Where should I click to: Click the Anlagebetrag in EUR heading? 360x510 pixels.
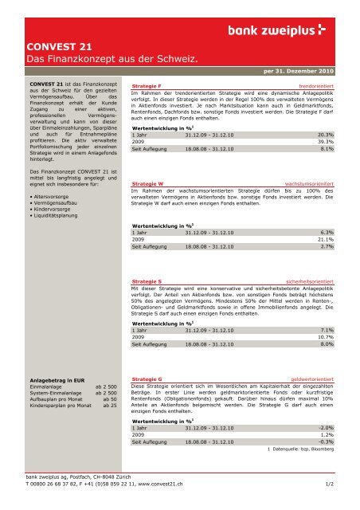(55, 380)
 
